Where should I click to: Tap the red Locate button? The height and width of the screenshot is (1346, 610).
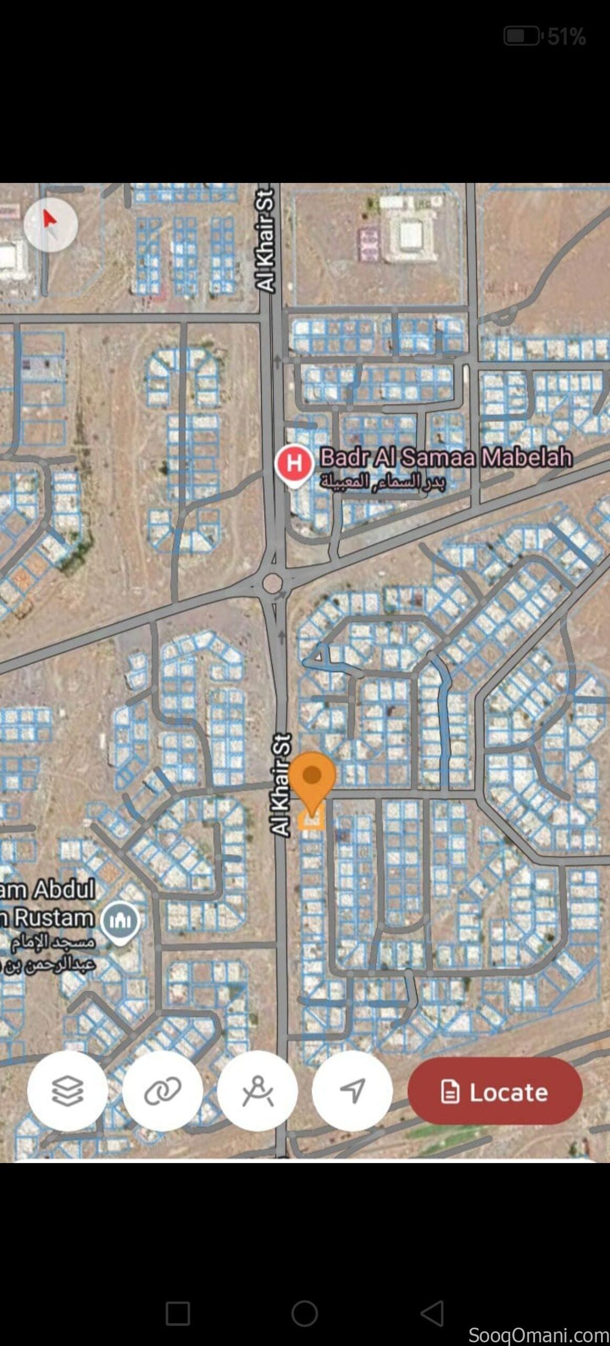494,1092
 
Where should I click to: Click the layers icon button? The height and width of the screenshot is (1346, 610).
67,1091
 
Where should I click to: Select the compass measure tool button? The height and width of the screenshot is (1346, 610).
257,1091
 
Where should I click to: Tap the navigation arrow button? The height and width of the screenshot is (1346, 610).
352,1091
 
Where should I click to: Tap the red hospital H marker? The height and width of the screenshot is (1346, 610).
294,463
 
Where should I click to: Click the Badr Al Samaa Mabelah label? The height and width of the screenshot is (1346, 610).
446,457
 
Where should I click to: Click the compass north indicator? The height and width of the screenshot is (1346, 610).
50,225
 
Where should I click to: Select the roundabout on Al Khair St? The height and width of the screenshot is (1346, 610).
272,583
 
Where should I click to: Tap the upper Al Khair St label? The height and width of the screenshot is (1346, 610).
266,239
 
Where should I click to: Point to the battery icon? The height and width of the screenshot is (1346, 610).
521,36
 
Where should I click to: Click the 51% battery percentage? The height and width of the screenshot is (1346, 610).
566,37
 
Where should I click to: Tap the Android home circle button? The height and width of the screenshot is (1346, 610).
305,1313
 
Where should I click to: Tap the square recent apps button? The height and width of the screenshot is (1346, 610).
178,1313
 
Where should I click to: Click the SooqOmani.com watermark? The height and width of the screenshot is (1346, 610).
538,1335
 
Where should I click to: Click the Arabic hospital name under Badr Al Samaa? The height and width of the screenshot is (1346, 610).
382,481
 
